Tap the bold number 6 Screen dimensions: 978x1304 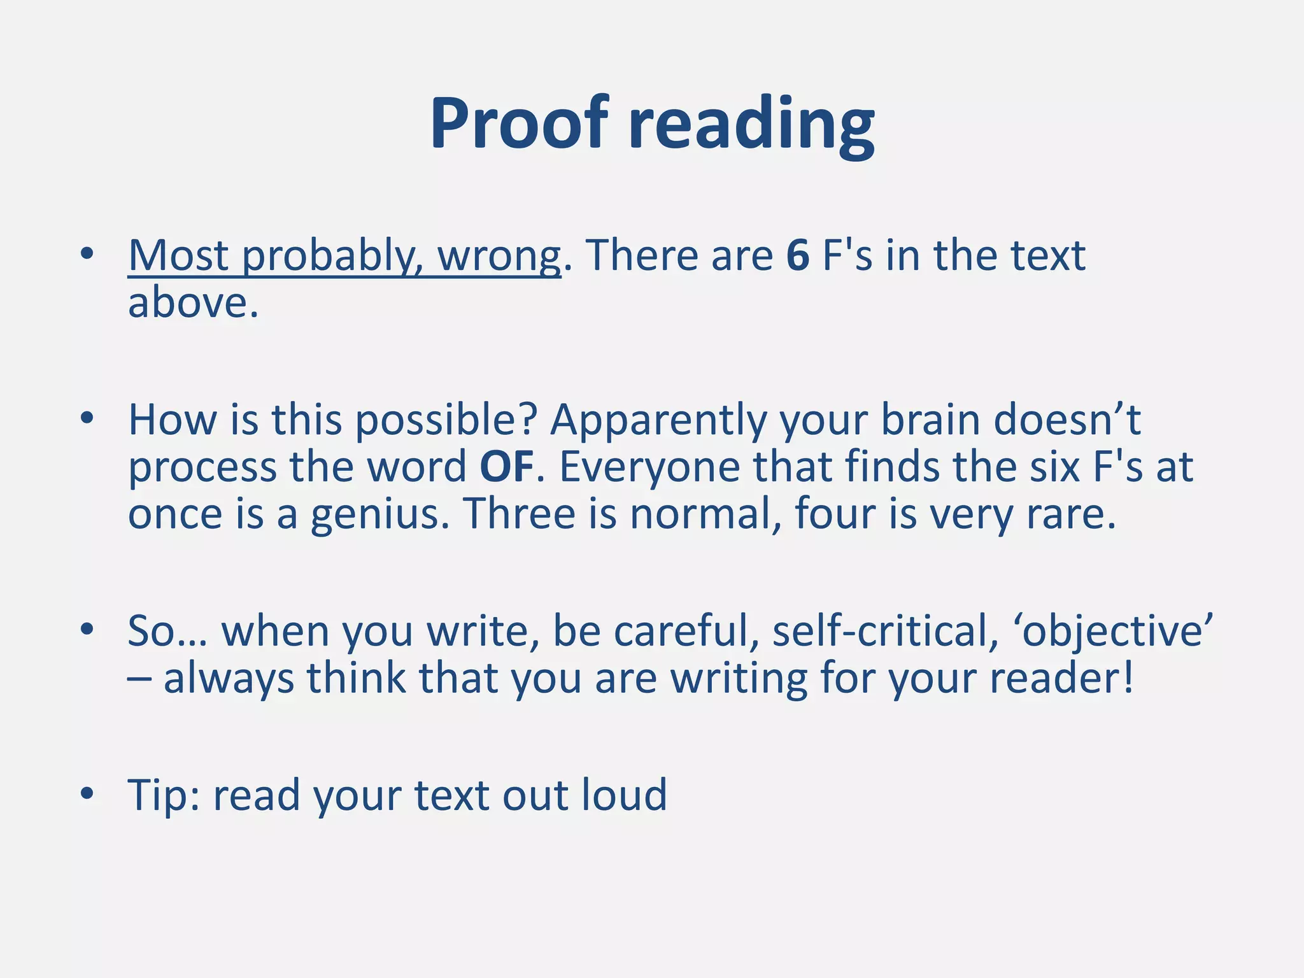(x=798, y=255)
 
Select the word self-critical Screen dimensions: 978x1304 (x=886, y=631)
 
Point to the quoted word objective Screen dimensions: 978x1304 (x=1117, y=631)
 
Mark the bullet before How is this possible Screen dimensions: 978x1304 (x=87, y=418)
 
